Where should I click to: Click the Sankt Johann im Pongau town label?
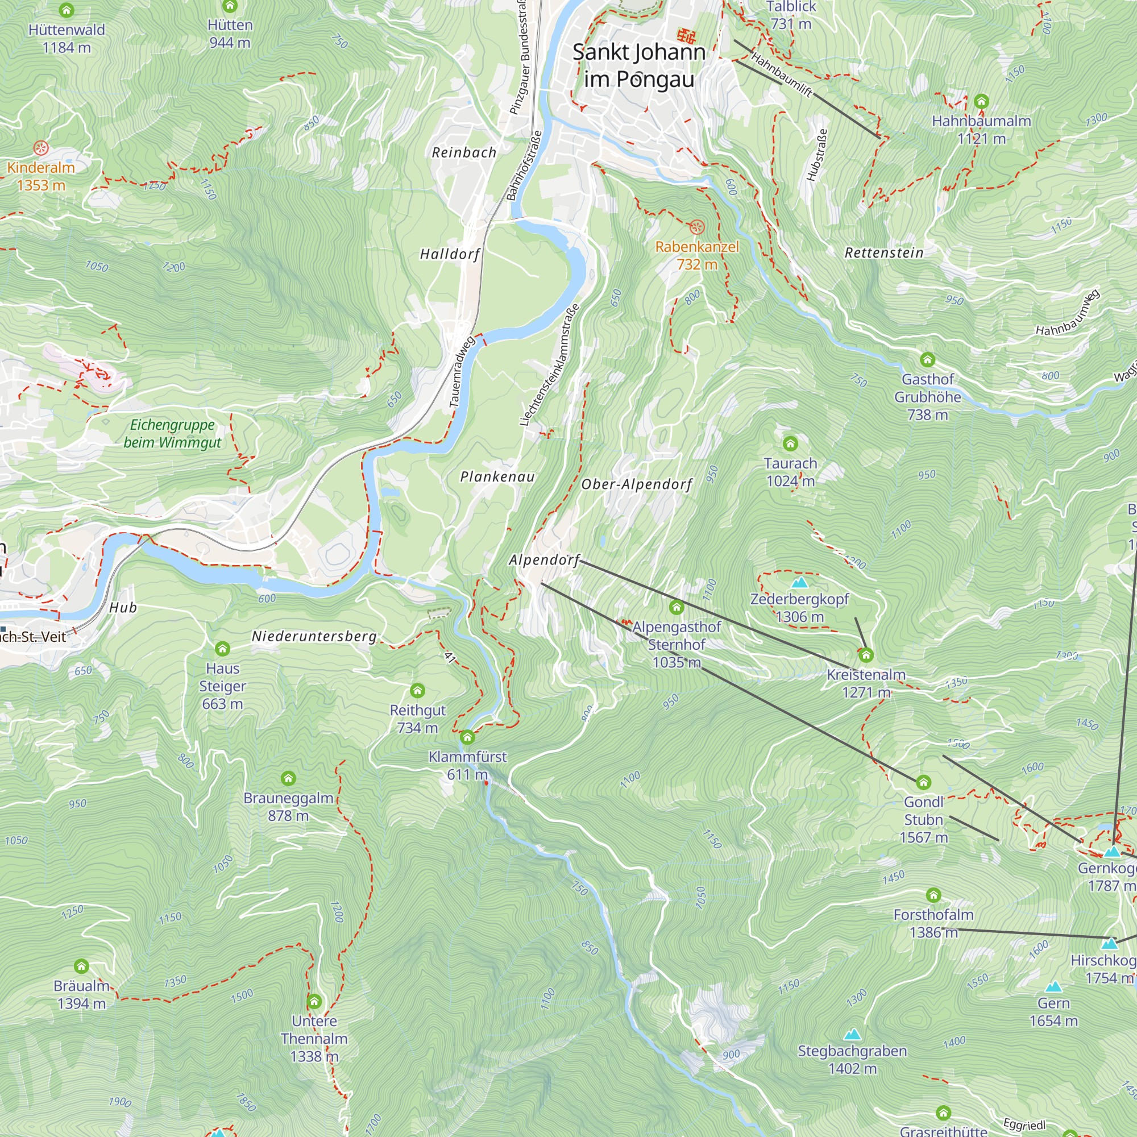point(639,65)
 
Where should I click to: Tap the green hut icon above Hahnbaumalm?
point(981,101)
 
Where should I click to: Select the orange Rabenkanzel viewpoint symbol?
point(697,227)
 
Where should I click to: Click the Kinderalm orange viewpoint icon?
point(40,148)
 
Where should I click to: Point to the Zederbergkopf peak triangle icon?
point(799,583)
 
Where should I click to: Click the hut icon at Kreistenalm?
point(866,655)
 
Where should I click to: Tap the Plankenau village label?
point(497,477)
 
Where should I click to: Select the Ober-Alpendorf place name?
point(637,484)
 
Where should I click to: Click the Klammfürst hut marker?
point(467,737)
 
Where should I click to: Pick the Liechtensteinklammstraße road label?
point(550,365)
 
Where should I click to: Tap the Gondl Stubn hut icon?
point(923,782)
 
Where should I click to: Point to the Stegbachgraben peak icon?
point(852,1034)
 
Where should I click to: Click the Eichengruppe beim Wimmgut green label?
point(172,433)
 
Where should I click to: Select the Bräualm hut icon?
point(81,966)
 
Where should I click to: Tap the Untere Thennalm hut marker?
point(314,1001)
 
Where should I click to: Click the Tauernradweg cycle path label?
point(462,372)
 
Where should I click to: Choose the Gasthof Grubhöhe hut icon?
point(927,360)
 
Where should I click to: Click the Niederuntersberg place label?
point(314,636)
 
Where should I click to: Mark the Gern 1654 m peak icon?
point(1053,986)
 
